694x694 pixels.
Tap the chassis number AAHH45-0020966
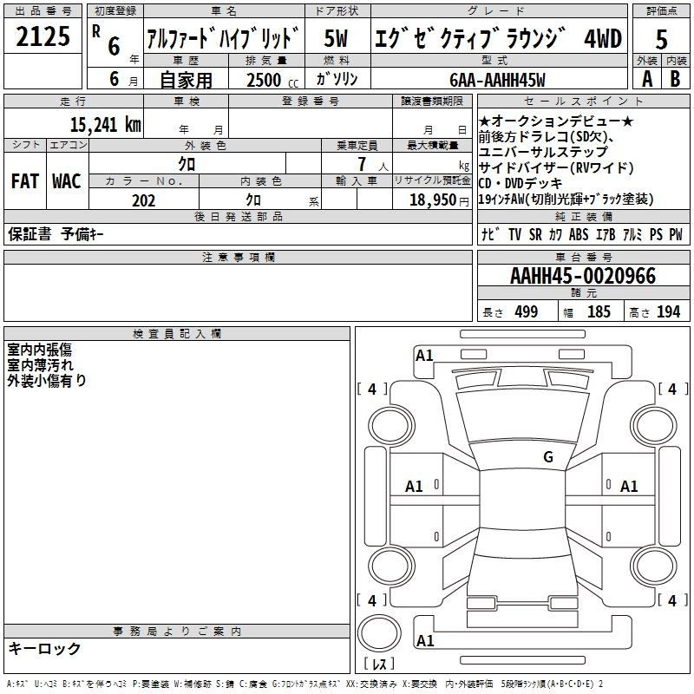click(582, 276)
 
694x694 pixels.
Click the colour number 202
click(143, 200)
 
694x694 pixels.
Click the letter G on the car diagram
click(547, 457)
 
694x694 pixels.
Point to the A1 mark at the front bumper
click(424, 355)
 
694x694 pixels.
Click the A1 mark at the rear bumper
click(424, 641)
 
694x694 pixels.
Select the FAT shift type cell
click(24, 181)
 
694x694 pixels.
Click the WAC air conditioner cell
click(66, 181)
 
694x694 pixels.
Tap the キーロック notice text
click(44, 649)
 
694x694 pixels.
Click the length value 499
click(524, 312)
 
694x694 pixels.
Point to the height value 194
click(668, 312)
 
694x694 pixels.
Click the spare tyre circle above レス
click(378, 632)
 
